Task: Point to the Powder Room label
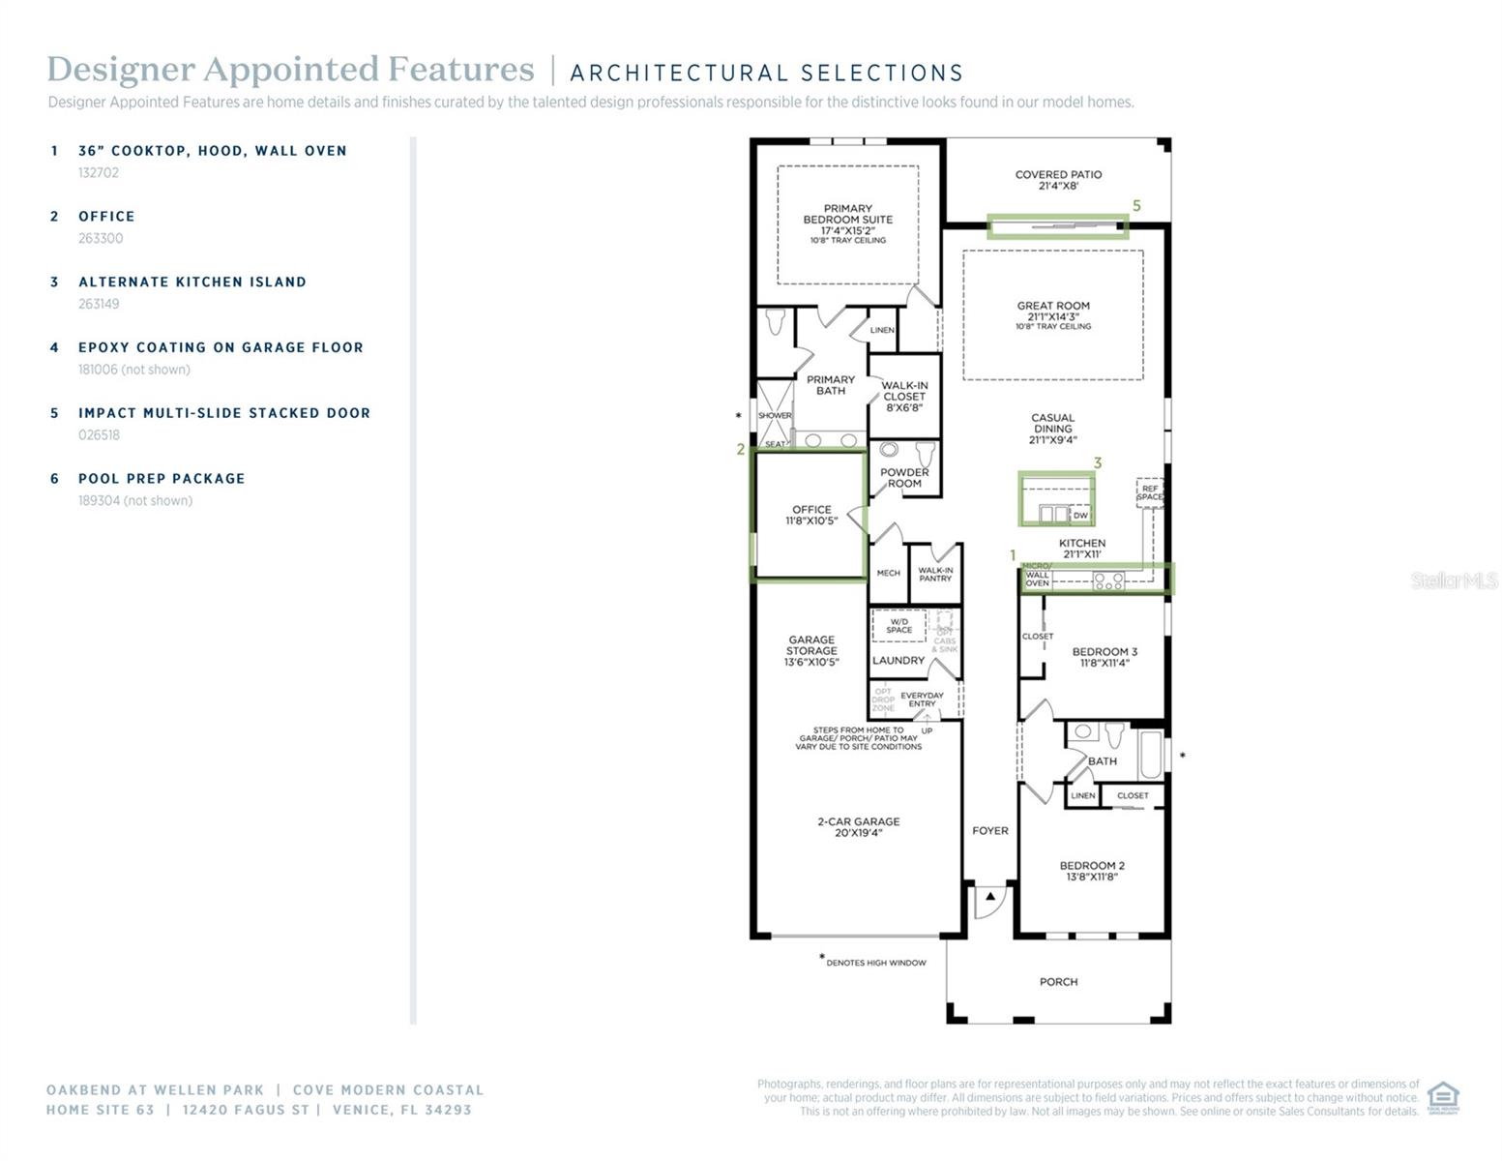click(904, 477)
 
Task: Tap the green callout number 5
click(1136, 206)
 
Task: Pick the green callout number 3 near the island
click(1098, 463)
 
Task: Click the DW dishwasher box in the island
click(1080, 516)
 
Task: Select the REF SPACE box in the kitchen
click(1150, 492)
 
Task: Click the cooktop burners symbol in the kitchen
click(1107, 581)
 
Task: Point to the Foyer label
click(989, 831)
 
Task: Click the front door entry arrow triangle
click(990, 898)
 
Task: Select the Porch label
click(1058, 982)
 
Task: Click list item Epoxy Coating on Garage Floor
click(221, 347)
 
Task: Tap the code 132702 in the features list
click(99, 173)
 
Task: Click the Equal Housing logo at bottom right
click(1443, 1098)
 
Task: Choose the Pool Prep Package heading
click(162, 479)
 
